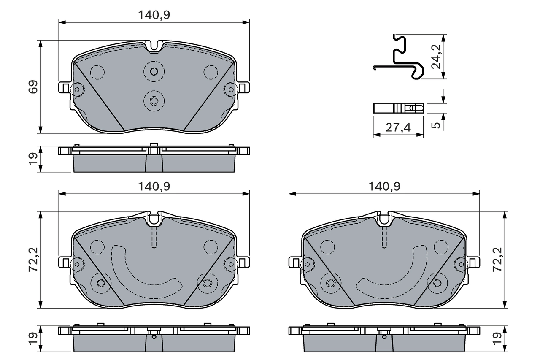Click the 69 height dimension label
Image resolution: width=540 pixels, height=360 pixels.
coord(33,87)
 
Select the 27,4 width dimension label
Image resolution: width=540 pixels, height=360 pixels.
coord(398,127)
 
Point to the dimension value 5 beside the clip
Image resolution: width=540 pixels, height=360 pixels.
coord(437,125)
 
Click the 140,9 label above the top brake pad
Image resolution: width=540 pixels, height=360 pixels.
coord(154,15)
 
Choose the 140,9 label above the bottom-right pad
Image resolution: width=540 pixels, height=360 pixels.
coord(384,186)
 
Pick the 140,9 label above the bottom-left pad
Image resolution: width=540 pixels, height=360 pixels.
coord(154,186)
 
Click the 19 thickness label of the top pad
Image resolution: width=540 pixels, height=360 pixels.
coord(33,159)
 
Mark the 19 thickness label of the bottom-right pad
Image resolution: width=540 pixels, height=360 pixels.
coord(497,338)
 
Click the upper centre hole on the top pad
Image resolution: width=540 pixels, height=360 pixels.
coord(154,71)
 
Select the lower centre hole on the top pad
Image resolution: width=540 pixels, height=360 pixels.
coord(154,100)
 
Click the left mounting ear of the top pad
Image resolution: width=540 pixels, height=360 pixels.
coord(63,88)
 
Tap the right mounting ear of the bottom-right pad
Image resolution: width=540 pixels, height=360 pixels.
coord(474,263)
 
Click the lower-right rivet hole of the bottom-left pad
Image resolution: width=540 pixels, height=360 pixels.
coord(207,282)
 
